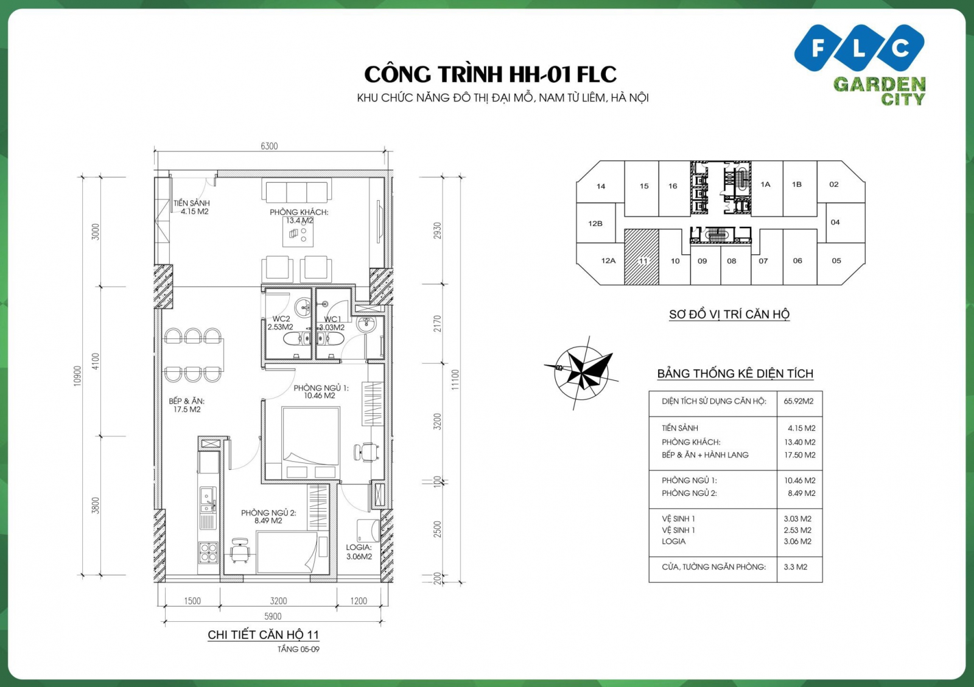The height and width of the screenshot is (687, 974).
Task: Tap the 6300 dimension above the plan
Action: click(x=269, y=146)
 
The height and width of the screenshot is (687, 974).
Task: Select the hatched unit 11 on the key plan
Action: click(x=642, y=257)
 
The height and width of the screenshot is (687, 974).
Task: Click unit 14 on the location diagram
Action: click(x=601, y=186)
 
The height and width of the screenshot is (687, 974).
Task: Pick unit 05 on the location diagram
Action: click(x=836, y=260)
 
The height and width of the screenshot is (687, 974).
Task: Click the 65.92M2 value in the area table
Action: click(x=799, y=401)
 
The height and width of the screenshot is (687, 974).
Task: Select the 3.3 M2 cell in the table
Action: click(x=796, y=567)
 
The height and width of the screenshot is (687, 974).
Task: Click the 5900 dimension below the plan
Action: click(x=273, y=616)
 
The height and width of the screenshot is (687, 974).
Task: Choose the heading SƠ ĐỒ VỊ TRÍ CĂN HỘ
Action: click(x=729, y=314)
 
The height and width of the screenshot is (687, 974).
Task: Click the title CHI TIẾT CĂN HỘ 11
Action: click(x=263, y=635)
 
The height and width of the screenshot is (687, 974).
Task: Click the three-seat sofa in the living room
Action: click(x=297, y=190)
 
